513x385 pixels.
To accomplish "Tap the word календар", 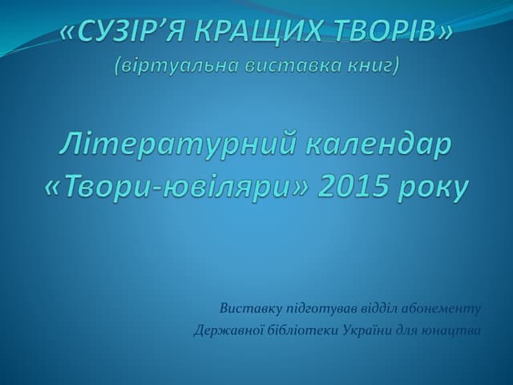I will click(373, 147).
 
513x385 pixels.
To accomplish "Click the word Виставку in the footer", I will click(242, 309).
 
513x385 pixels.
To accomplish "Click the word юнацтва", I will click(453, 330).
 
